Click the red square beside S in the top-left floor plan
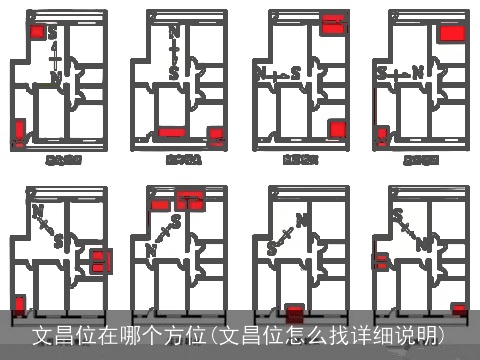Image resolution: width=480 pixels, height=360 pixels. pos(38,32)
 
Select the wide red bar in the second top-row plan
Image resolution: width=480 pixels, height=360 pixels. pos(172,132)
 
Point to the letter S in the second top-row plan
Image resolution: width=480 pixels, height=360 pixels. pos(174,73)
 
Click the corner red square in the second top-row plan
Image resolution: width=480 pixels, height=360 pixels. pos(215,135)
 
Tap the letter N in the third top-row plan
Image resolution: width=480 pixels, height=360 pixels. pos(261,73)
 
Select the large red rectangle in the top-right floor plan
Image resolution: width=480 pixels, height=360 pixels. pos(452,32)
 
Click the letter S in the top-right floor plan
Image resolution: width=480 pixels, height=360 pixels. pos(381,73)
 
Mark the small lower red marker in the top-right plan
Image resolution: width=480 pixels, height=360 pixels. pos(382,136)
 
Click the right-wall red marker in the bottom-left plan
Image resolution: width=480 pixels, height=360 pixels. pos(98,262)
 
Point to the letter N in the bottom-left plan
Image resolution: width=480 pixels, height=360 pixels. pos(37,210)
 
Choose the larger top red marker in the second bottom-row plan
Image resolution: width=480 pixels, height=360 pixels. pos(189,199)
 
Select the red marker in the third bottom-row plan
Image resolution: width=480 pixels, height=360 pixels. pos(294,312)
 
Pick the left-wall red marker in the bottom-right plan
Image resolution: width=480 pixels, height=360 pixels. pos(381,262)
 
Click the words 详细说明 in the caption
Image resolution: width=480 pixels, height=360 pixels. pos(411,333)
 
